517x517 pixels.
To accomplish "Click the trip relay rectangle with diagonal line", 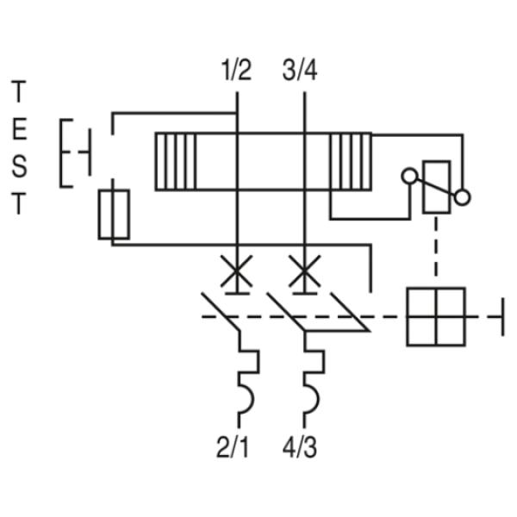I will coord(436,187).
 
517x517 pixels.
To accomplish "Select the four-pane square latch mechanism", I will coord(436,316).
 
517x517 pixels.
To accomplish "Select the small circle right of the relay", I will coord(464,198).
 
